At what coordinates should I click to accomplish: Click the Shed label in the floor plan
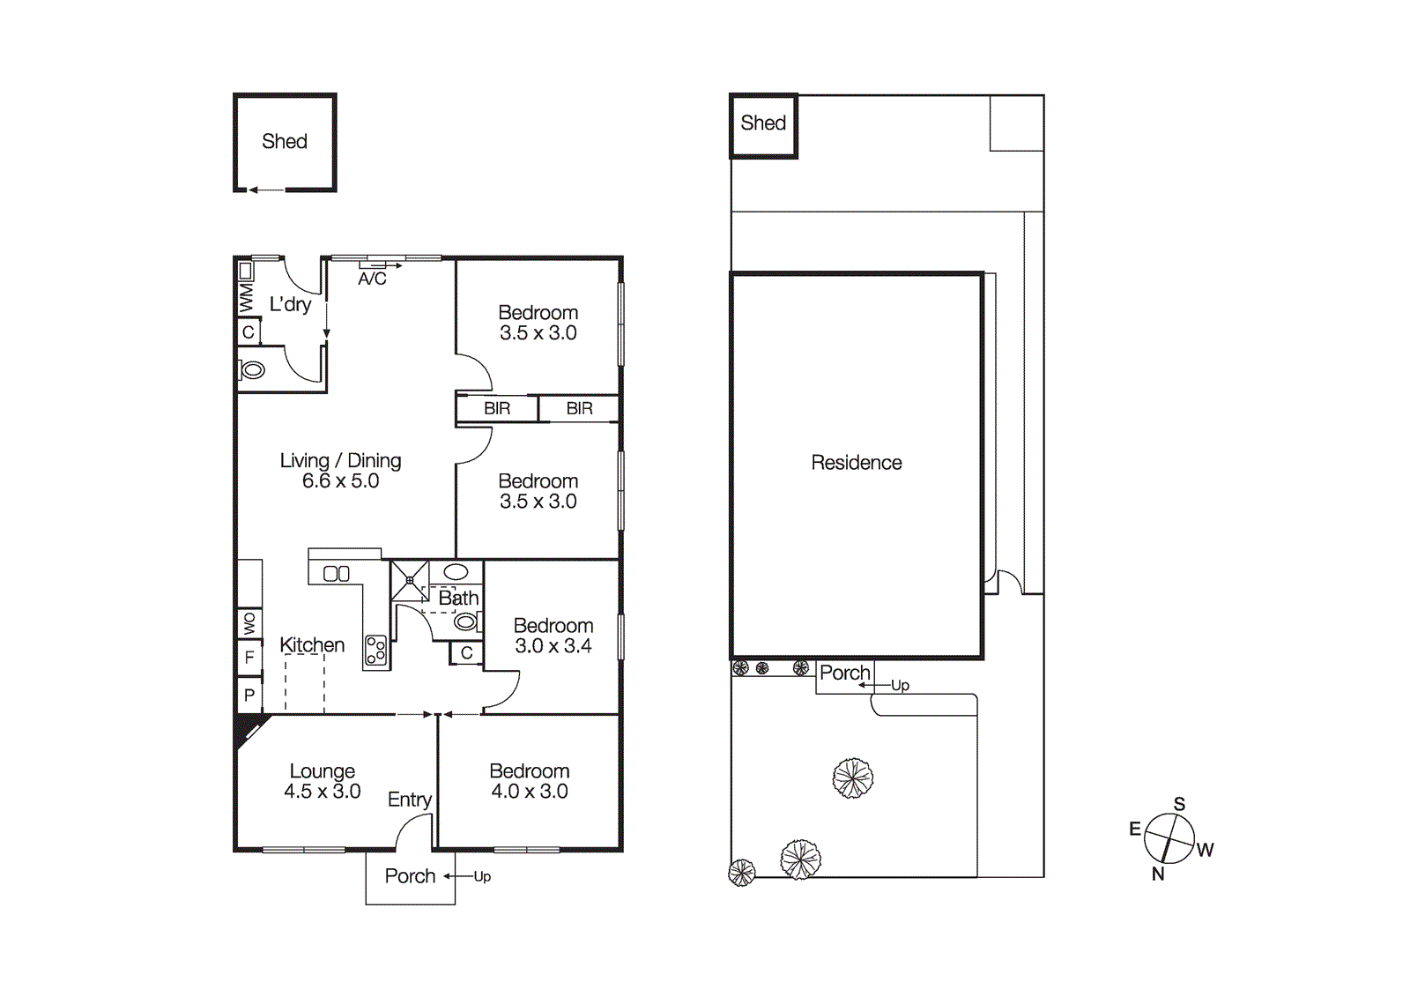tap(284, 141)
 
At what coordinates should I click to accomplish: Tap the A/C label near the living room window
tap(372, 279)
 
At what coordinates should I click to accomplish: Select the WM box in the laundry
tap(246, 297)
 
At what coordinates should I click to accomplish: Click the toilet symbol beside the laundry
tap(253, 370)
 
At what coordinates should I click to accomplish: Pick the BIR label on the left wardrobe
tap(497, 408)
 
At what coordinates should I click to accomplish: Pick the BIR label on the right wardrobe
tap(579, 408)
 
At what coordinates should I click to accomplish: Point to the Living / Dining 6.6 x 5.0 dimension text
tap(340, 481)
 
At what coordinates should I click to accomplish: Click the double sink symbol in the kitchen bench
tap(337, 574)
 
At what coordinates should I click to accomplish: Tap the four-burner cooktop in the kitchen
tap(376, 651)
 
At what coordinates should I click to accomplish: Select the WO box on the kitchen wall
tap(249, 623)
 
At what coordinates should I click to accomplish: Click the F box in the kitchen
tap(249, 657)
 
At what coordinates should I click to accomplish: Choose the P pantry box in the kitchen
tap(249, 695)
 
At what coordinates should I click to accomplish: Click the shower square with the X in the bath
tap(410, 580)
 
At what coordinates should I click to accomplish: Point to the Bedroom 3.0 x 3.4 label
tap(553, 636)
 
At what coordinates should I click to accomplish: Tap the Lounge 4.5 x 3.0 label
tap(322, 781)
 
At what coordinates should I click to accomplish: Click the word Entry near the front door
tap(409, 800)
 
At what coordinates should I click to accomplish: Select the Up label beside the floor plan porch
tap(482, 876)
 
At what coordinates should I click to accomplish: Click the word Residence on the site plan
tap(856, 463)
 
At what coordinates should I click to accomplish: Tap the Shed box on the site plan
tap(763, 124)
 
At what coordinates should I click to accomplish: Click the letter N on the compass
tap(1158, 874)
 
